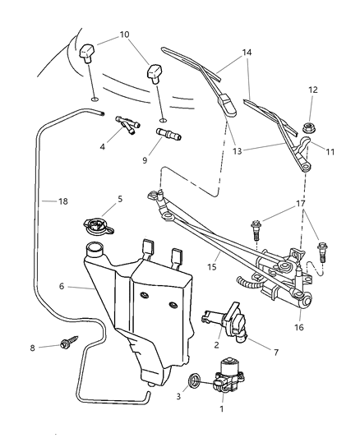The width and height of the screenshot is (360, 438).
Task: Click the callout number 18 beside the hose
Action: [x=51, y=200]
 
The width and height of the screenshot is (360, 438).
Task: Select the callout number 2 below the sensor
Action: [x=216, y=345]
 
